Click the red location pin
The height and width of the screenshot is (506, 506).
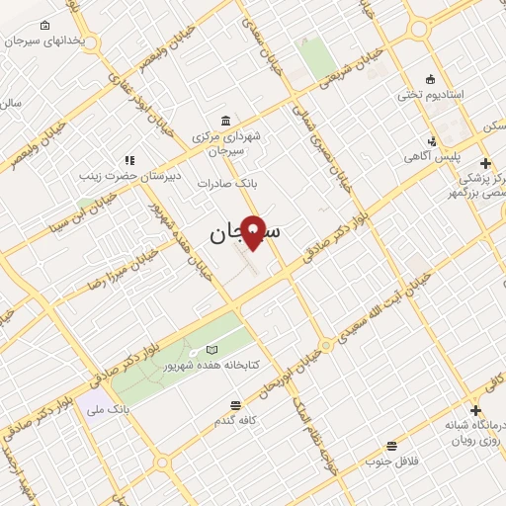(x=254, y=231)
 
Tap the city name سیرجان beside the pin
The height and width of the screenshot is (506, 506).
(x=243, y=233)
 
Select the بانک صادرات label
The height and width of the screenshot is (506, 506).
(x=227, y=184)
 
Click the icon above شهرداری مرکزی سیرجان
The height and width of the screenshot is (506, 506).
(x=227, y=120)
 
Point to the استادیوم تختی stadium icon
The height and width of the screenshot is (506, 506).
(x=429, y=79)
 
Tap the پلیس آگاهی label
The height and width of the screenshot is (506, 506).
(x=428, y=157)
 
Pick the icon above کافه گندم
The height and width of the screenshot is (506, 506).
(x=234, y=405)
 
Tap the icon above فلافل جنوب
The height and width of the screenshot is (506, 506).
(x=392, y=446)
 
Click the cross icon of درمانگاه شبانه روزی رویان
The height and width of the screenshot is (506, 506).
(x=476, y=410)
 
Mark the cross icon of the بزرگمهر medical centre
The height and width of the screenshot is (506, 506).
(x=484, y=163)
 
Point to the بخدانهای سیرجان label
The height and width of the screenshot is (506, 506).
(x=53, y=42)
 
